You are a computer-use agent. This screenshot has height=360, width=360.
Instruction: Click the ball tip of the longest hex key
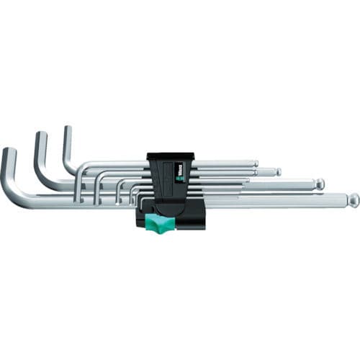353,199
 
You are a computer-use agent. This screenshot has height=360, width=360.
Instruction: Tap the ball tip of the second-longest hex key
319,184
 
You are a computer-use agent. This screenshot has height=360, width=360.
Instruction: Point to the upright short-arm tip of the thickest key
9,153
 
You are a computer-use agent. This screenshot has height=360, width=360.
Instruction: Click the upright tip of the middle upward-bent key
40,136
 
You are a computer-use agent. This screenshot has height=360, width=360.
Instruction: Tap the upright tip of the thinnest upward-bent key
67,130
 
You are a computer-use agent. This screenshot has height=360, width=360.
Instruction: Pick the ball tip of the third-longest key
278,172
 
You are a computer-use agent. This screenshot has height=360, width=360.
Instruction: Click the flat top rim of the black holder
170,154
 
